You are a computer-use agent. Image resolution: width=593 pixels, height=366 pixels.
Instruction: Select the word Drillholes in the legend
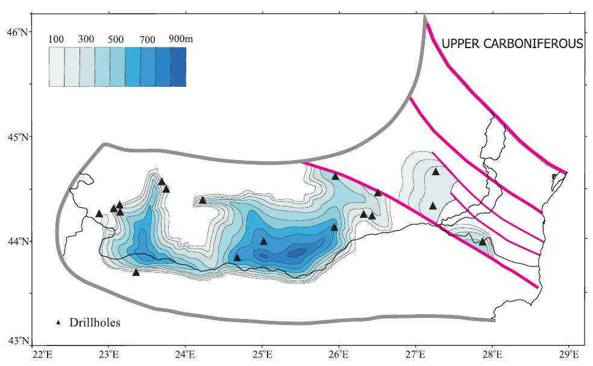tap(95, 323)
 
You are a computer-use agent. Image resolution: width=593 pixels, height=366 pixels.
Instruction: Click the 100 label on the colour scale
tap(56, 40)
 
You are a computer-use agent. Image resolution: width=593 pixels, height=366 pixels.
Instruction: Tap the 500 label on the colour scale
tap(116, 40)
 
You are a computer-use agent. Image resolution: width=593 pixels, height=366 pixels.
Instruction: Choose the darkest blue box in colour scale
tap(178, 67)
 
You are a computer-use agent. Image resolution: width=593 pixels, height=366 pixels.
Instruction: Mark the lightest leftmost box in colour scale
tap(56, 67)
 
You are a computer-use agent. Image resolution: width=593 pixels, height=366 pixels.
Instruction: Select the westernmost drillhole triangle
tap(99, 213)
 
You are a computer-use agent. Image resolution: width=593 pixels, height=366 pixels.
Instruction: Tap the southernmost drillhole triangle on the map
tap(136, 272)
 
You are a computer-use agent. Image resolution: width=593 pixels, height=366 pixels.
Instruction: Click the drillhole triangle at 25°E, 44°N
tap(263, 241)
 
